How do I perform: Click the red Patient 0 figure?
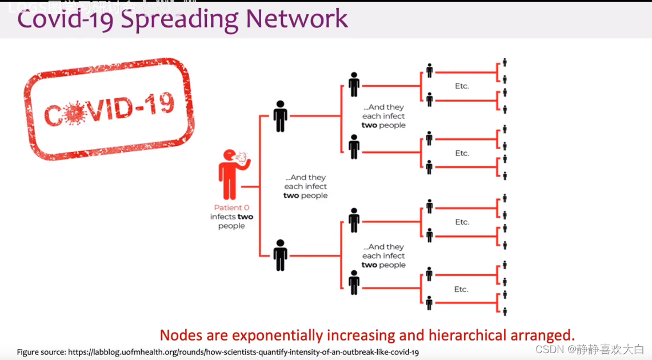click(230, 175)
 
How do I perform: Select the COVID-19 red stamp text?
click(109, 109)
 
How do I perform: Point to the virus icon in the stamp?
click(74, 114)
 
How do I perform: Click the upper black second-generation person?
click(280, 116)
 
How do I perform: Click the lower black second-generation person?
click(280, 255)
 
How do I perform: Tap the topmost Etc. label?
click(462, 86)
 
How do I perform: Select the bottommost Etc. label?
click(461, 290)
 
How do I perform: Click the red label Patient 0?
click(231, 208)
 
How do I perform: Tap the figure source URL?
click(243, 352)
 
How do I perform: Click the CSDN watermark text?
click(590, 349)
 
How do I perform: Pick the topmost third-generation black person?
click(354, 84)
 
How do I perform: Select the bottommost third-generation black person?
click(354, 282)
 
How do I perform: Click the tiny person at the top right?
click(505, 63)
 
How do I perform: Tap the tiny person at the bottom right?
click(505, 311)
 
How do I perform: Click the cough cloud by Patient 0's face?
click(242, 155)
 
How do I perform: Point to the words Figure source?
click(41, 352)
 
